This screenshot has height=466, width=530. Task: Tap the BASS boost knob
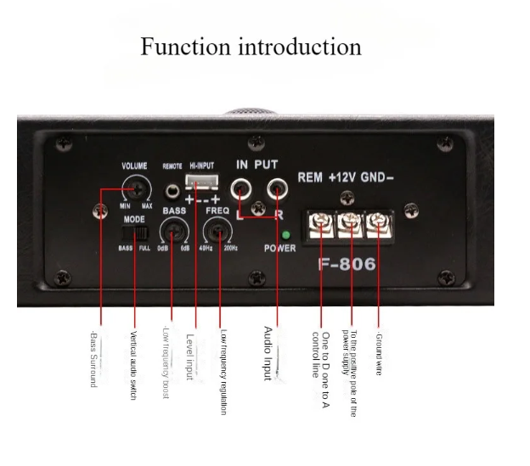175,228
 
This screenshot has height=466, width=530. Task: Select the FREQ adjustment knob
218,228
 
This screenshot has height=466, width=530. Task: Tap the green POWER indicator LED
285,234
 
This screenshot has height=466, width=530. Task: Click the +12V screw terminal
349,223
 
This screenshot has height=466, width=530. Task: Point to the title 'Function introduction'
251,46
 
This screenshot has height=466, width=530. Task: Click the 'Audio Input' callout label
268,352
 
